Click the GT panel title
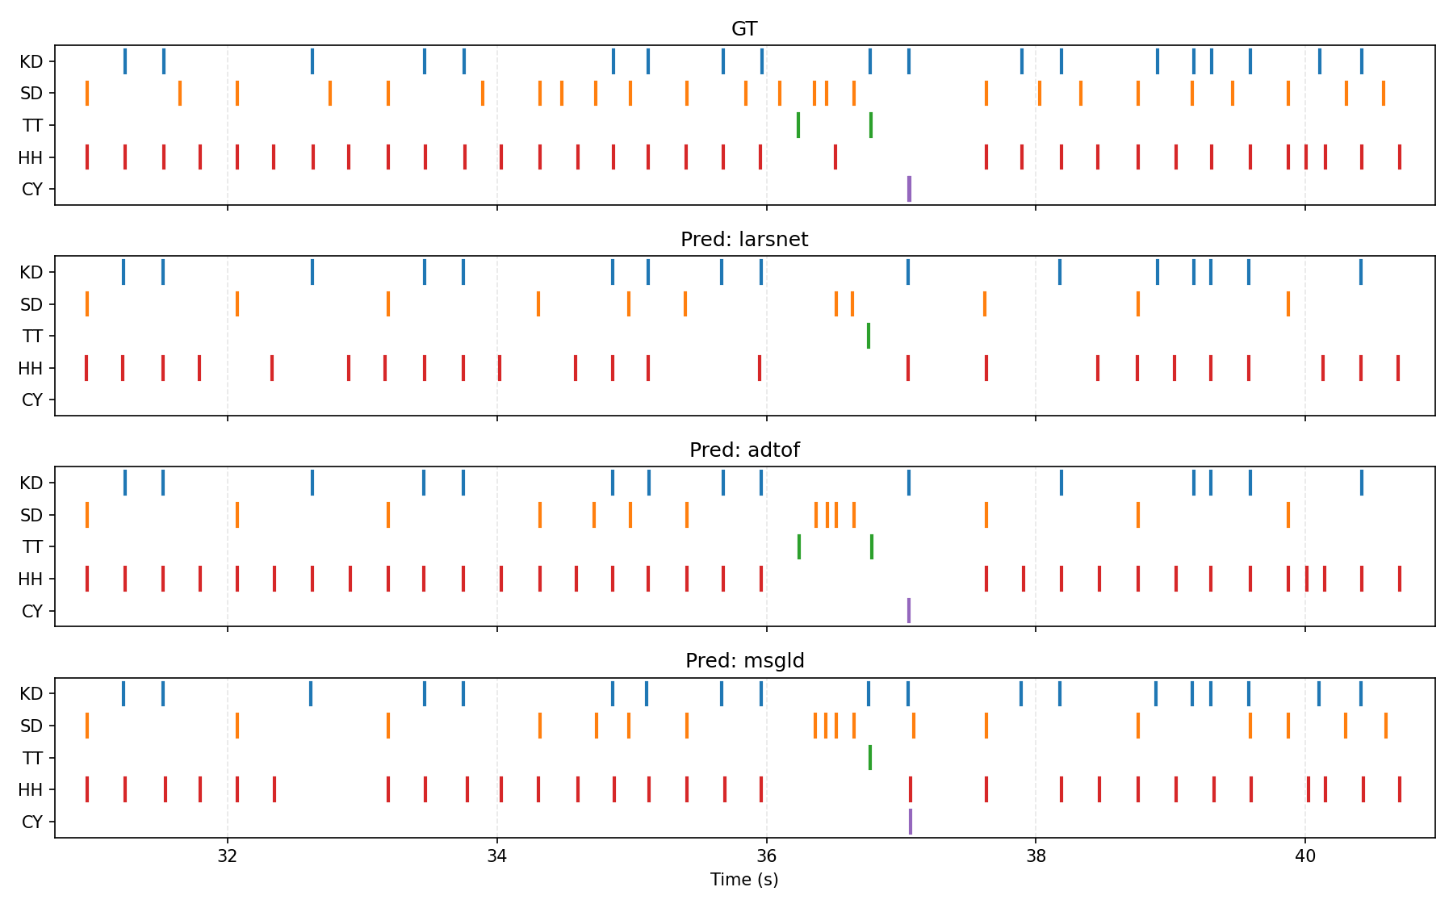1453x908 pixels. pos(743,29)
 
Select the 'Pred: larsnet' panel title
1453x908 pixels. pos(743,240)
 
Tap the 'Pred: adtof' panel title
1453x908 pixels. pos(743,450)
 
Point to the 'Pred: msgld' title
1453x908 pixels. pos(743,661)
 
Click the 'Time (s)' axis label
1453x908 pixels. pos(743,880)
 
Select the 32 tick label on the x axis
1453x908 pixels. pos(228,856)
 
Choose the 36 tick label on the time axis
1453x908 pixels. pos(766,856)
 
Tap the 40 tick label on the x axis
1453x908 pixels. pos(1304,856)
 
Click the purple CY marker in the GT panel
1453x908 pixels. pos(909,189)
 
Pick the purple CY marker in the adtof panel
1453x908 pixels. pos(909,610)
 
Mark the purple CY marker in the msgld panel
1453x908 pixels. pos(911,822)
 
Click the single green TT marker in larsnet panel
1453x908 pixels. pos(869,336)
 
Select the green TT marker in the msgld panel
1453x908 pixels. pos(869,758)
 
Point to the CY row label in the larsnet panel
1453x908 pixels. pos(31,400)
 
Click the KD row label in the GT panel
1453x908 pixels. pos(31,62)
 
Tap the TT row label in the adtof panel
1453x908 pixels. pos(32,547)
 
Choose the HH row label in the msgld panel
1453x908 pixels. pos(31,790)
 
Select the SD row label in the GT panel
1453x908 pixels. pos(31,94)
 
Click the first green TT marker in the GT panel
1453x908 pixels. pos(798,125)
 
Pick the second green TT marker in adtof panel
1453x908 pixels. pos(872,546)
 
